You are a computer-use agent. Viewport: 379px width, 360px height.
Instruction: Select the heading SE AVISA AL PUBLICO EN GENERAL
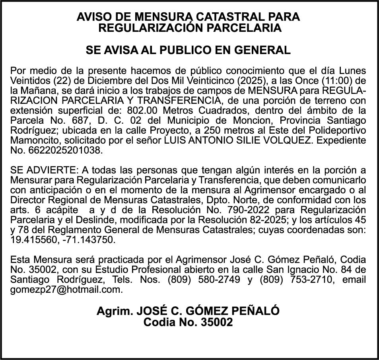point(188,51)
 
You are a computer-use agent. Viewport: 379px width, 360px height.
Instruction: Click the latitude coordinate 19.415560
point(35,239)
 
